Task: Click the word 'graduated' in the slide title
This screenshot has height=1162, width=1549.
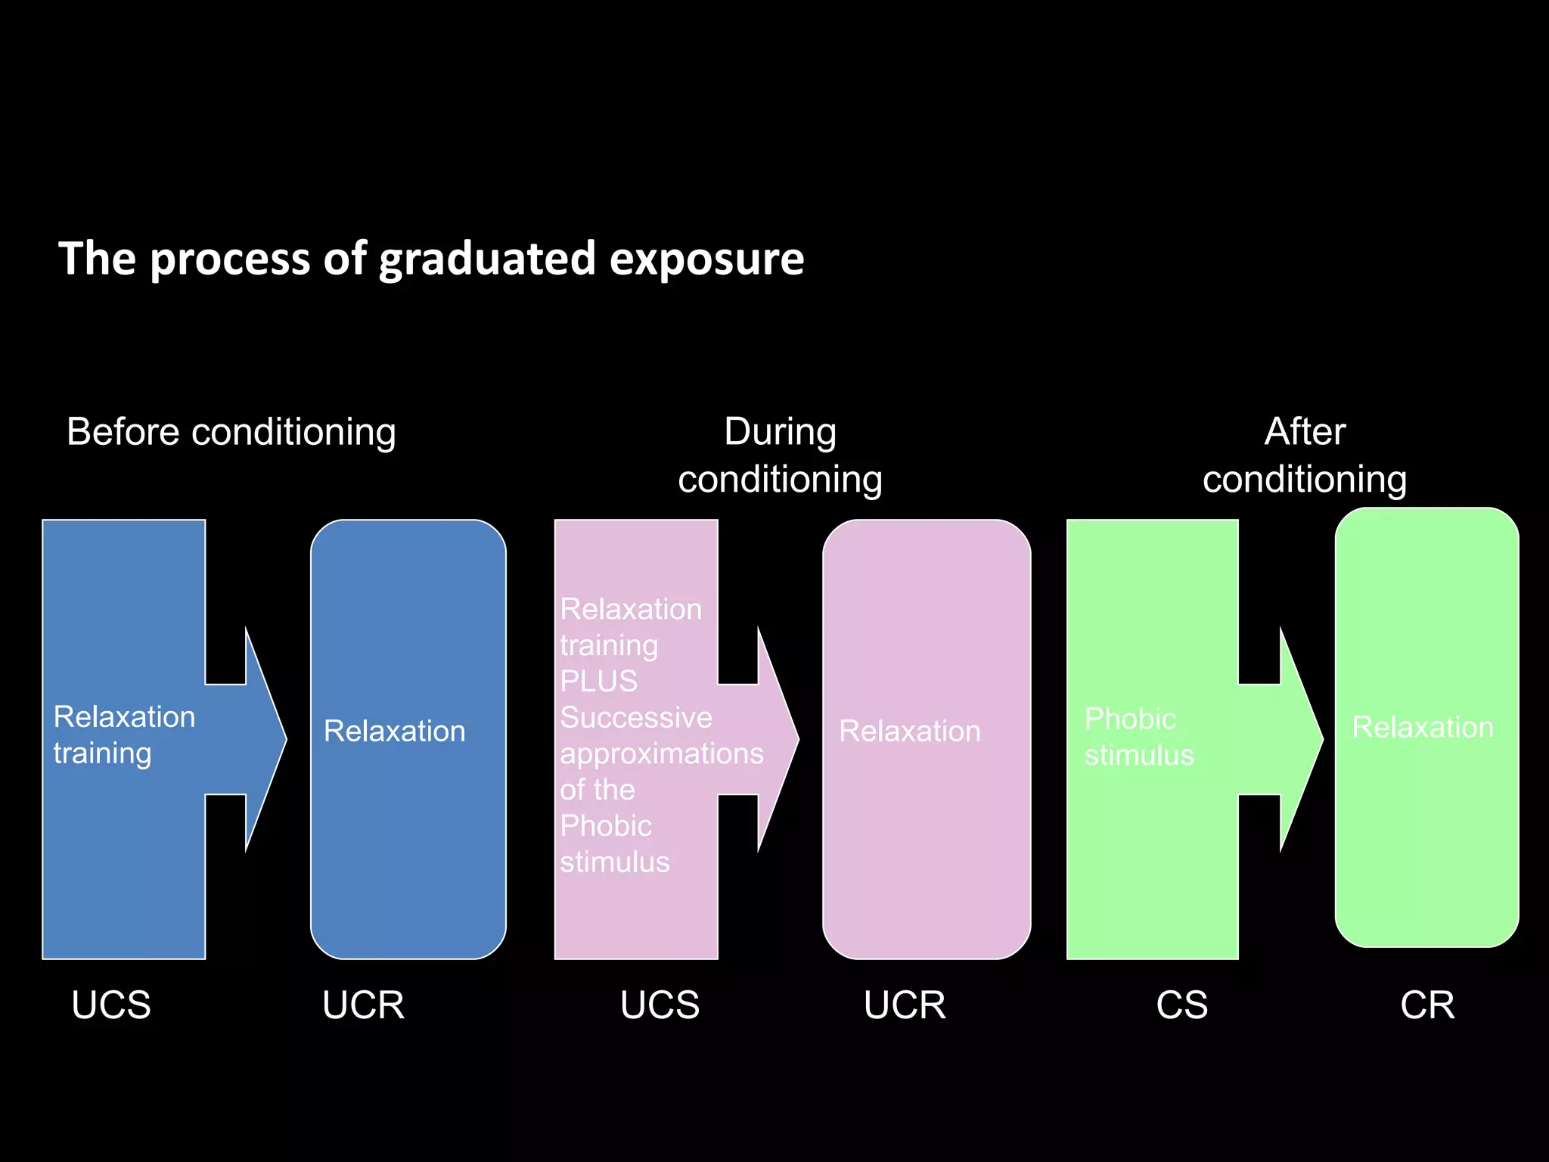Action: click(488, 259)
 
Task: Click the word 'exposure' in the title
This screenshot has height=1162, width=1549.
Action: click(706, 259)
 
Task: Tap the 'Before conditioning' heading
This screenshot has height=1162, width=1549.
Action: click(231, 432)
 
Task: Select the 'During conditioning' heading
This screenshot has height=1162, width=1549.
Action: click(780, 455)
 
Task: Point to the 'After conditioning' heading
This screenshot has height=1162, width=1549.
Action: click(1305, 455)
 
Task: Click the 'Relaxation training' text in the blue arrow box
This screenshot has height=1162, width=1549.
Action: click(124, 735)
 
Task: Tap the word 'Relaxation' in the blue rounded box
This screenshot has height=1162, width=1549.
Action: click(394, 732)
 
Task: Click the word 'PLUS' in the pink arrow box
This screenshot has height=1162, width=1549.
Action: click(598, 681)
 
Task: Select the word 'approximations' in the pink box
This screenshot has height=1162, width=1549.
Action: click(662, 753)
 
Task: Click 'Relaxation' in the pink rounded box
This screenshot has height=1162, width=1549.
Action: click(910, 732)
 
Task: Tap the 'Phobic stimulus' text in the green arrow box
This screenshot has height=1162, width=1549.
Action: click(1138, 737)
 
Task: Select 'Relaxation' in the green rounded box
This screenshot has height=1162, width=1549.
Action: click(1423, 728)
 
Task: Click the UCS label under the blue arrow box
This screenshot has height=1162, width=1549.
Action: click(111, 1005)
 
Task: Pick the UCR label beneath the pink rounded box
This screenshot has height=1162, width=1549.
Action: click(905, 1005)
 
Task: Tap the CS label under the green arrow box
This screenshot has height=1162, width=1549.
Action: click(1181, 1005)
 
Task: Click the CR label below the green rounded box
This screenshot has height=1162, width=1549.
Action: click(1427, 1005)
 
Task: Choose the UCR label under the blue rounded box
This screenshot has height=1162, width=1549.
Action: click(363, 1005)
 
